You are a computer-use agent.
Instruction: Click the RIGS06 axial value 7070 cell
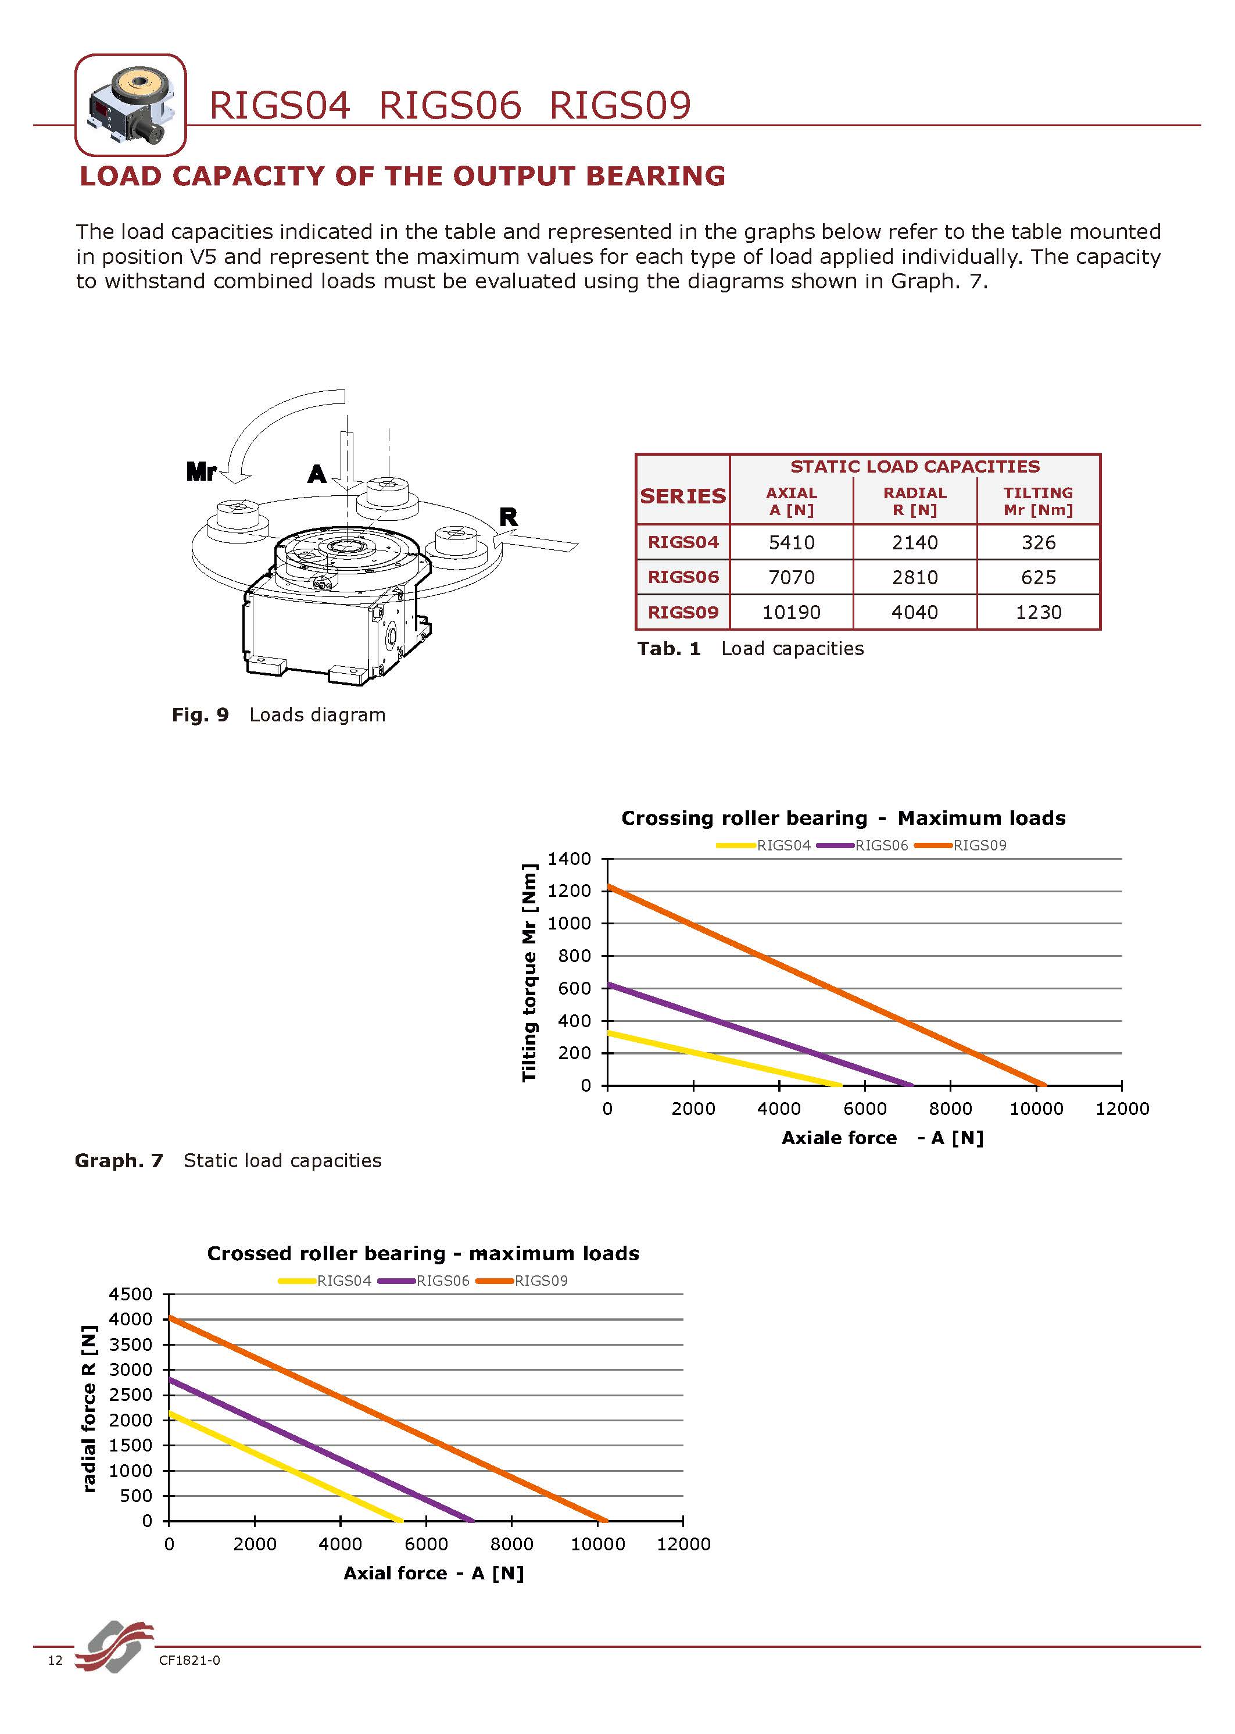pyautogui.click(x=791, y=577)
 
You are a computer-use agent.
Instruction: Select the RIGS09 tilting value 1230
pyautogui.click(x=1038, y=612)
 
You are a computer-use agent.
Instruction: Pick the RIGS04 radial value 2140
pyautogui.click(x=914, y=542)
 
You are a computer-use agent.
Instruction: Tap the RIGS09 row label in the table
pyautogui.click(x=682, y=612)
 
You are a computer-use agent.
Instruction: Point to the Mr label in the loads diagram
pyautogui.click(x=202, y=472)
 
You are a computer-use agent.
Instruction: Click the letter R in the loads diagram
pyautogui.click(x=508, y=518)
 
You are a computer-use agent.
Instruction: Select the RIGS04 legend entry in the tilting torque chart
pyautogui.click(x=766, y=845)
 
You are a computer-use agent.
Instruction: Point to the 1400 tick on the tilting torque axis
pyautogui.click(x=569, y=859)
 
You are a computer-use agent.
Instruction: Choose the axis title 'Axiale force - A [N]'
pyautogui.click(x=882, y=1138)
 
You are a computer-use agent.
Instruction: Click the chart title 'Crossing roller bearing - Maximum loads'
pyautogui.click(x=843, y=818)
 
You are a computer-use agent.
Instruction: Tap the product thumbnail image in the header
pyautogui.click(x=131, y=105)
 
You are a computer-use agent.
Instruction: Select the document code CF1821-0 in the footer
pyautogui.click(x=189, y=1660)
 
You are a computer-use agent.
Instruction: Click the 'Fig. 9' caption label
pyautogui.click(x=200, y=715)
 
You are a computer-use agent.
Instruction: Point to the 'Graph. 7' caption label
pyautogui.click(x=119, y=1161)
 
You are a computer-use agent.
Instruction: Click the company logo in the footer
pyautogui.click(x=114, y=1647)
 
